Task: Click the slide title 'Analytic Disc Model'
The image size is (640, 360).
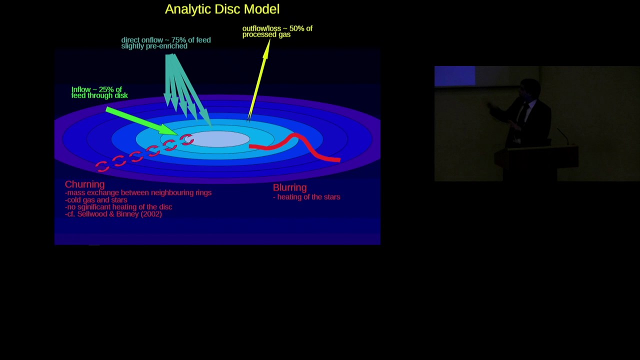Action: (x=222, y=9)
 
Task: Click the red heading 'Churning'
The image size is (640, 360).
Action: (x=84, y=184)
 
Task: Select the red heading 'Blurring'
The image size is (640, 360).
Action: (x=289, y=187)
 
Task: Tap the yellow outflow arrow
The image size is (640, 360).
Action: (x=259, y=79)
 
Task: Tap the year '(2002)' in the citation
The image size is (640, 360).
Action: (x=151, y=214)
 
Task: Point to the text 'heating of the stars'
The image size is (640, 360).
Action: (x=308, y=197)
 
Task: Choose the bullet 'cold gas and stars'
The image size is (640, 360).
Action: (x=96, y=200)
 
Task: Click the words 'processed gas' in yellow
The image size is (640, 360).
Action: (x=266, y=34)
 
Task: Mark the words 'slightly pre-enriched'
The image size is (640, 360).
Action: (x=154, y=46)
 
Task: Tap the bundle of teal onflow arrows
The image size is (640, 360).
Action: (x=182, y=85)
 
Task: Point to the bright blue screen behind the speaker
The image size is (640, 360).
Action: (x=454, y=76)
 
